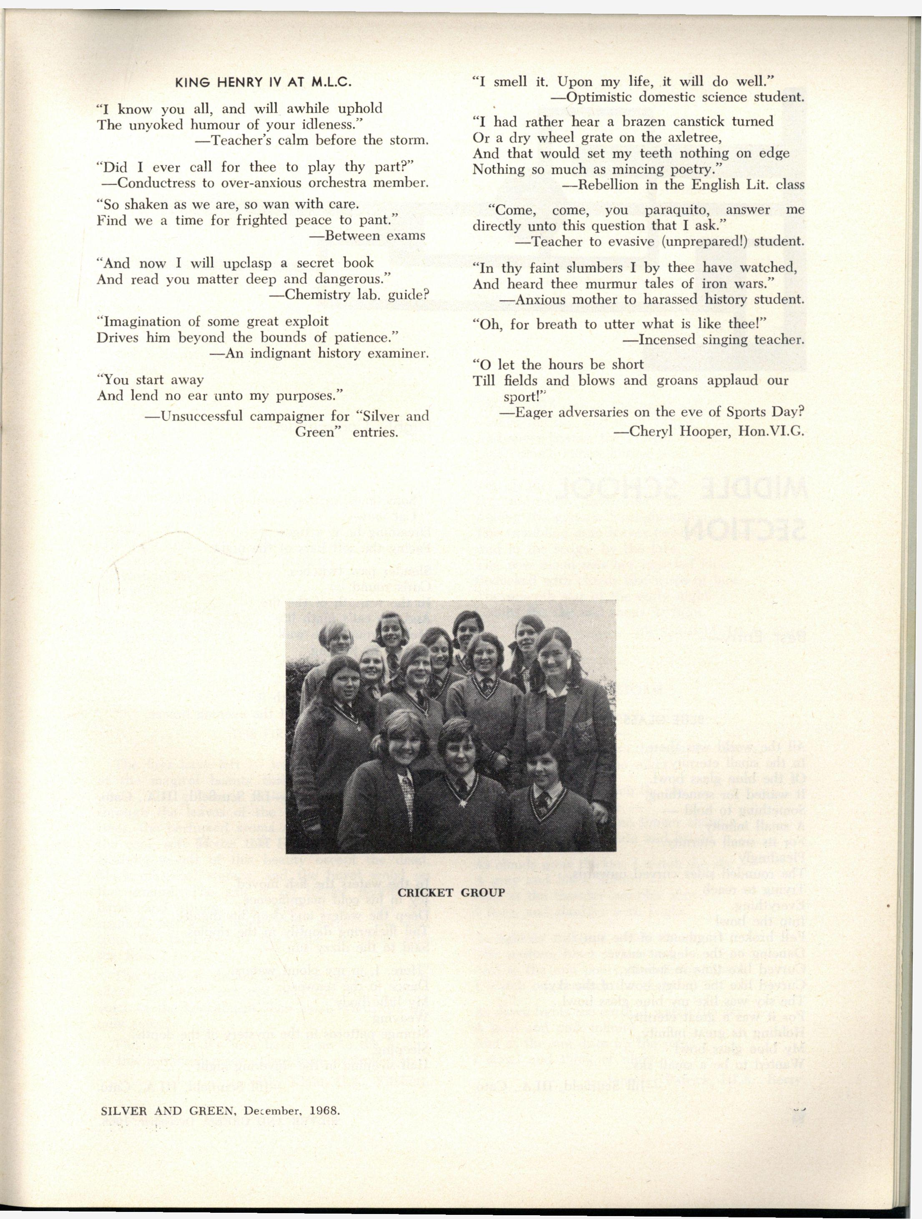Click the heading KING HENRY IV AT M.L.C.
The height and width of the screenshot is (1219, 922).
coord(263,83)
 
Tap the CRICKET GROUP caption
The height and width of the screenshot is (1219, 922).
coord(451,892)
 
